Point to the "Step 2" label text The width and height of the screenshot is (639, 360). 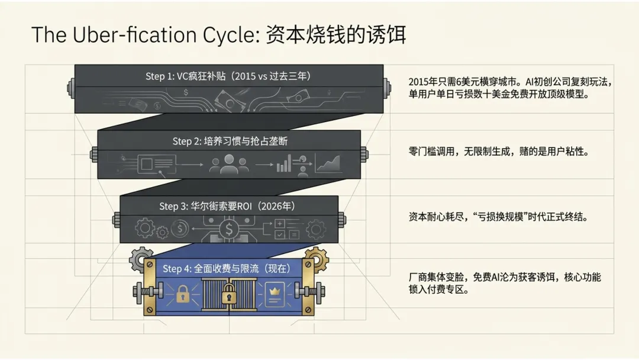186,142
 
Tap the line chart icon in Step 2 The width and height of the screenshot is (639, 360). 328,163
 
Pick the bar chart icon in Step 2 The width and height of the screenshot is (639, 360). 284,165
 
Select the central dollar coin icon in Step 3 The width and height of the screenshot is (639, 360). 227,227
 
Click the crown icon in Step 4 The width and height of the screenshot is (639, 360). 273,291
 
